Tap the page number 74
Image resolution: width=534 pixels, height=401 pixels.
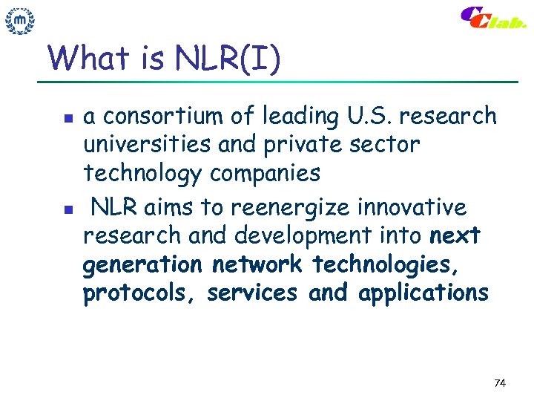[499, 383]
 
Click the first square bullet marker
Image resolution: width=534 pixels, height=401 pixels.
[66, 118]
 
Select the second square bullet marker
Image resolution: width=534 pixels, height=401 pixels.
[66, 209]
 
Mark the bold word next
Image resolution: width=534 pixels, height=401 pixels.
[455, 236]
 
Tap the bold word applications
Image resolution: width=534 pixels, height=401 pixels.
[423, 294]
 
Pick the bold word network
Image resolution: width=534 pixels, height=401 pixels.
[257, 264]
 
